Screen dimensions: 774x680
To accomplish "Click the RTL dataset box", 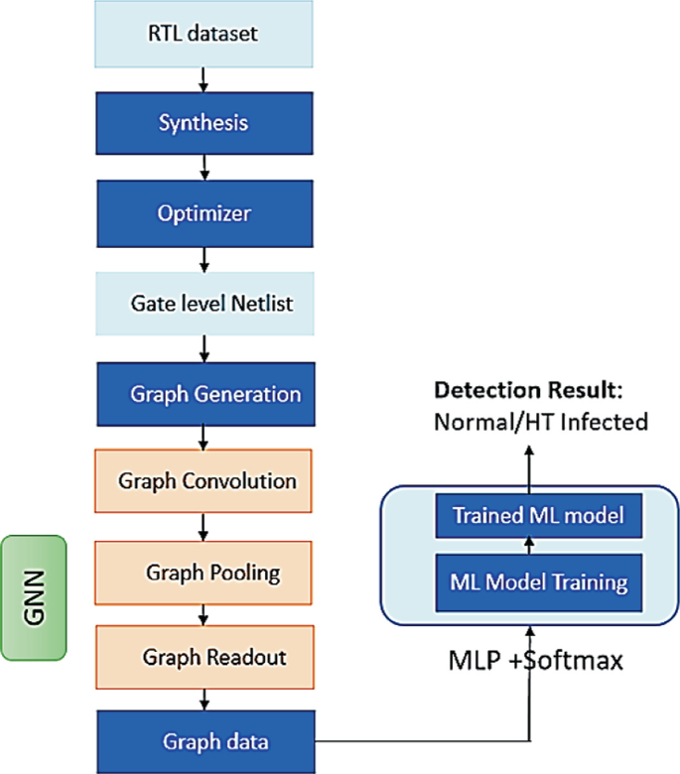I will (x=204, y=34).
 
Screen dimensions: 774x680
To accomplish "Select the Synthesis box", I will (x=204, y=123).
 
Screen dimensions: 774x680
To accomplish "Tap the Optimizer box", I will (x=204, y=213).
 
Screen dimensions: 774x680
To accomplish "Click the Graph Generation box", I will (x=204, y=393).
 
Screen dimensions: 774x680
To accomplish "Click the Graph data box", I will (x=204, y=739).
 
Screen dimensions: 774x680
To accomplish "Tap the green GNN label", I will (x=34, y=598).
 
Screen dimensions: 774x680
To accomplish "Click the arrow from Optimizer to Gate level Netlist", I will (x=204, y=258).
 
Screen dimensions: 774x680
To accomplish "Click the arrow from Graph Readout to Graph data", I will (x=204, y=697).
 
